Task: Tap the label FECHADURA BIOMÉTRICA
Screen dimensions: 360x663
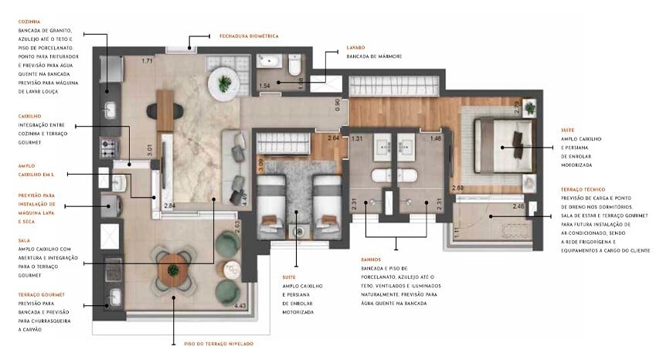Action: (248, 36)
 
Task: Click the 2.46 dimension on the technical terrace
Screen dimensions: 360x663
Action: (518, 207)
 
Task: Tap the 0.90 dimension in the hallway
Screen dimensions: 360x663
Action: (337, 104)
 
